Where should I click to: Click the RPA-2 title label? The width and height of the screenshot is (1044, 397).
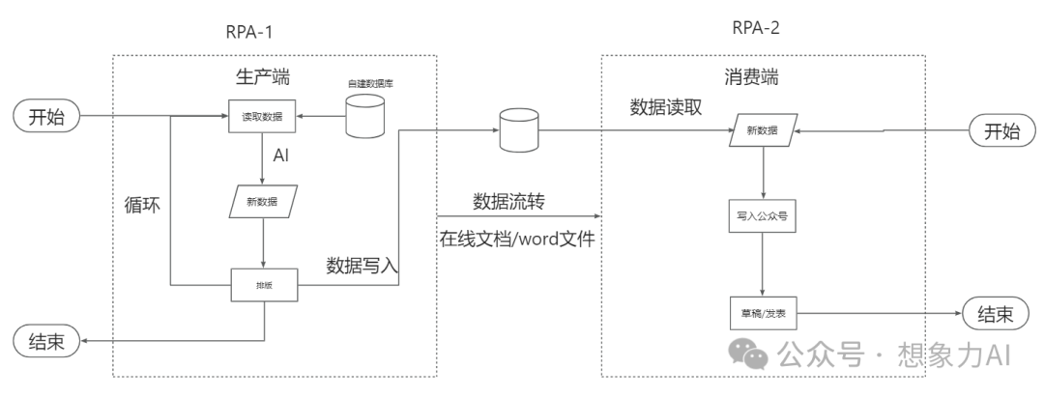coord(754,27)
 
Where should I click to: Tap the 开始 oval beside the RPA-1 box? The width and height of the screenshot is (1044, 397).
coord(45,118)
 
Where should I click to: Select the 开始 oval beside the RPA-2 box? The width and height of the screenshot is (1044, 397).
coord(1000,132)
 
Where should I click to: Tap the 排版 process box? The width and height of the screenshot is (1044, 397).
coord(263,285)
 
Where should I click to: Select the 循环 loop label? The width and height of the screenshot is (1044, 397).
coord(143,205)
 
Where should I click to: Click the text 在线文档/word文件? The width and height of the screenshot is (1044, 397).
coord(516,239)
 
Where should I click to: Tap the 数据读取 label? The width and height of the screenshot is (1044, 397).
coord(666,106)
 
